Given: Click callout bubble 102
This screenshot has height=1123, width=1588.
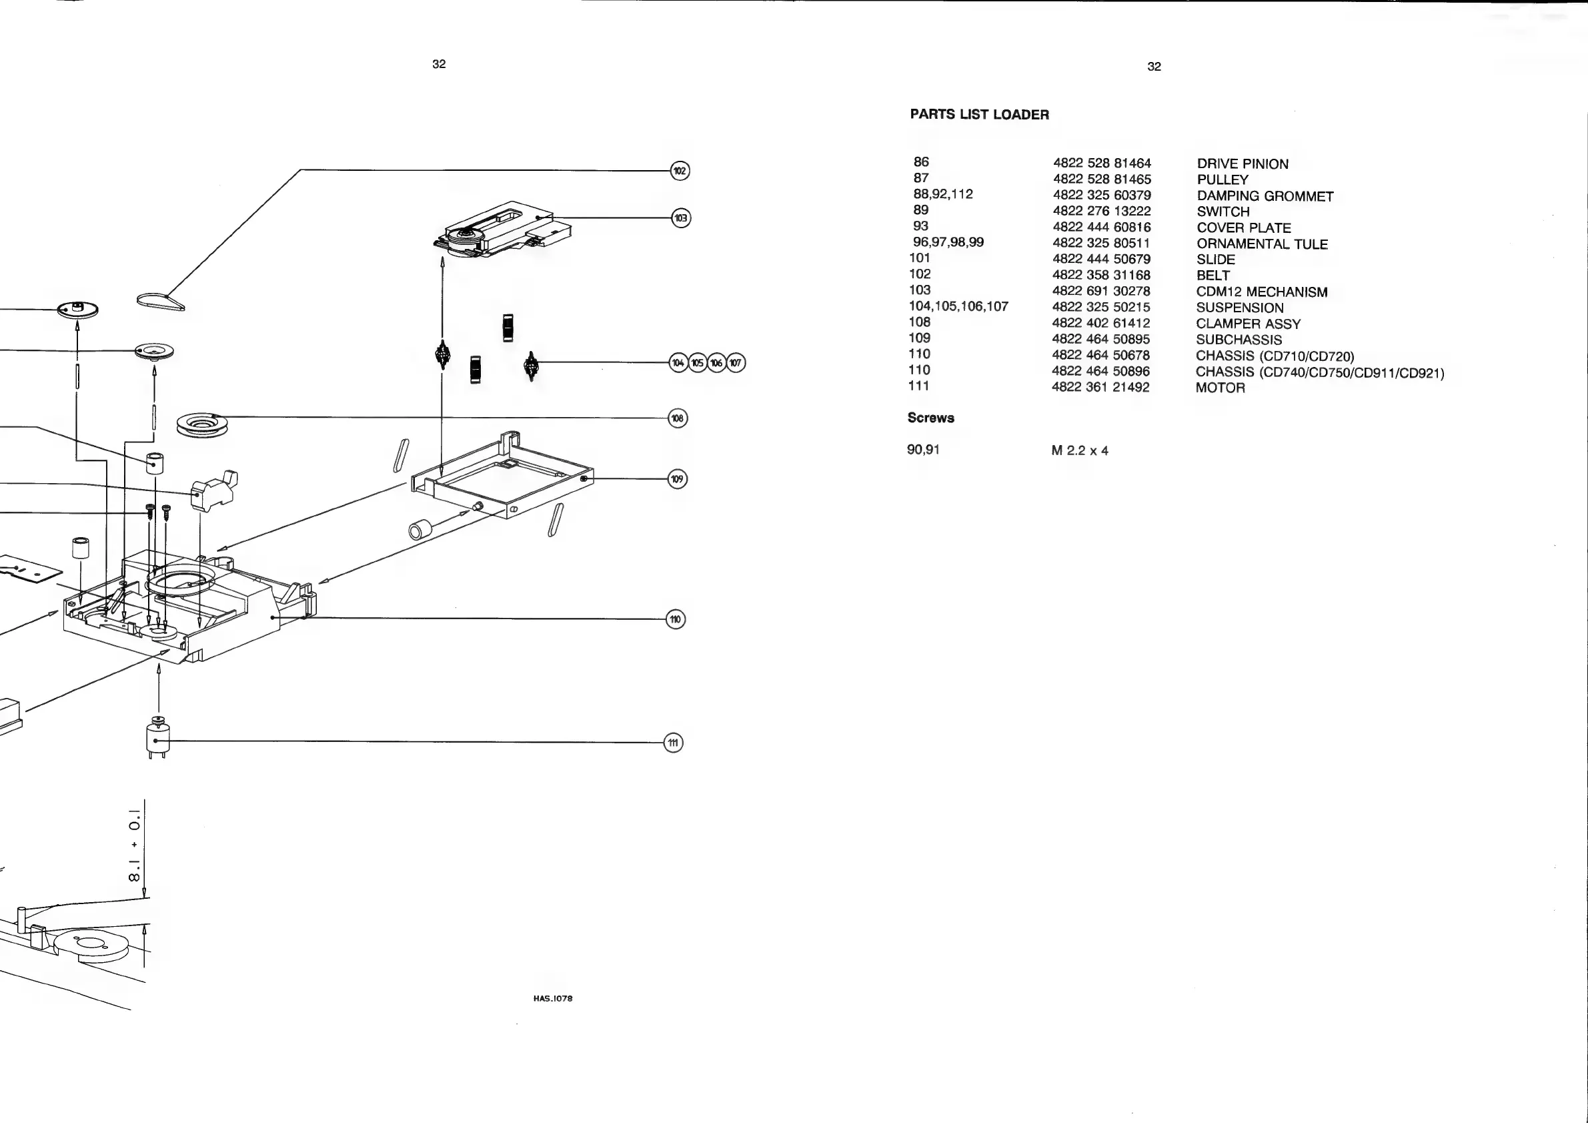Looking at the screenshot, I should coord(680,171).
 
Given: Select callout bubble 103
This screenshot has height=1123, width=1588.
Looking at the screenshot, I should coord(681,218).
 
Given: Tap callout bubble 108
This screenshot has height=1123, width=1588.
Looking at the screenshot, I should coord(678,418).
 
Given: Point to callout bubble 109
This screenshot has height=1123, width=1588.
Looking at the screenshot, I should coord(677,479).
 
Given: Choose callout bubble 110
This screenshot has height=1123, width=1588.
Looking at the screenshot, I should coord(675,619).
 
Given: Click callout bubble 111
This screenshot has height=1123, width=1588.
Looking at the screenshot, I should coord(674,743).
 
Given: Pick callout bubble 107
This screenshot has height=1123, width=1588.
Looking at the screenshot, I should coord(736,362).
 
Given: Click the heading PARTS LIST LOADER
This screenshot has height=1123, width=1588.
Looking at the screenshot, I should coord(978,115).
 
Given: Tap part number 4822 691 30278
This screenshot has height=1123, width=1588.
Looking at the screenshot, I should coord(1101,292).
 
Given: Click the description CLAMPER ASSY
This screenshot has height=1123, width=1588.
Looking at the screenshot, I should coord(1248,324).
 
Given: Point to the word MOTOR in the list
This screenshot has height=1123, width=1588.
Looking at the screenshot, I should coord(1220,388).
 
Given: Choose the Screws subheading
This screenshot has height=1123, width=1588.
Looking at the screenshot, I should coord(930,418).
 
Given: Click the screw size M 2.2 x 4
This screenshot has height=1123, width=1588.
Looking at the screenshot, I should coord(1080,451).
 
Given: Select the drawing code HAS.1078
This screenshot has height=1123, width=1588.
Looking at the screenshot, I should coord(553,998).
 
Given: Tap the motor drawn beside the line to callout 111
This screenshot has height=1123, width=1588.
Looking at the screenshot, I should coord(157,739).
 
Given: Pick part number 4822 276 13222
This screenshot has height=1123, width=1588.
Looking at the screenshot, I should coord(1101,211).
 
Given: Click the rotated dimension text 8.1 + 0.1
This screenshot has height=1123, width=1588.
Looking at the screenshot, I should coord(135,845).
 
